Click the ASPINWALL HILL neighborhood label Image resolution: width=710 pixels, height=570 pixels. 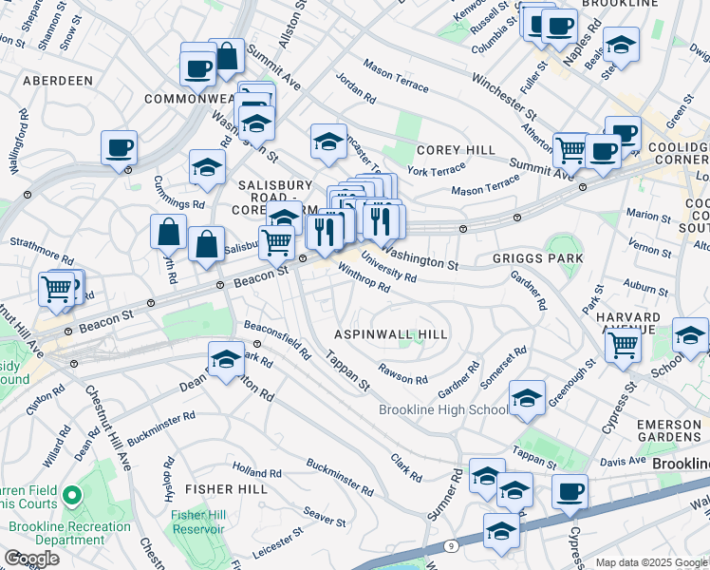391,335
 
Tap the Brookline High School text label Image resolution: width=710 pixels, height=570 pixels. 443,409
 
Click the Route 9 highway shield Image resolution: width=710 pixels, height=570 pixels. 450,546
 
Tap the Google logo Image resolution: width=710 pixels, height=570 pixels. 32,559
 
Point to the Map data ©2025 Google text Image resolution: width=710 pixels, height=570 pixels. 651,562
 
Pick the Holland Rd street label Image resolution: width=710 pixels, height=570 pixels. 251,470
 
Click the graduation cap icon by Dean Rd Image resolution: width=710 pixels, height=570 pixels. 226,360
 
